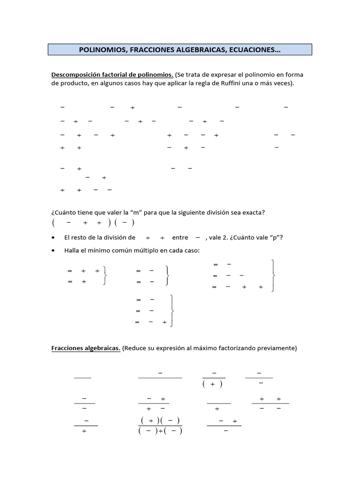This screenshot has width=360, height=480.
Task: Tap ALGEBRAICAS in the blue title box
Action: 188,50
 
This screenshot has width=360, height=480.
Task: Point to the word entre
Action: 180,238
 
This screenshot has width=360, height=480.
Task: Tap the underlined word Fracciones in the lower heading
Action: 67,348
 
